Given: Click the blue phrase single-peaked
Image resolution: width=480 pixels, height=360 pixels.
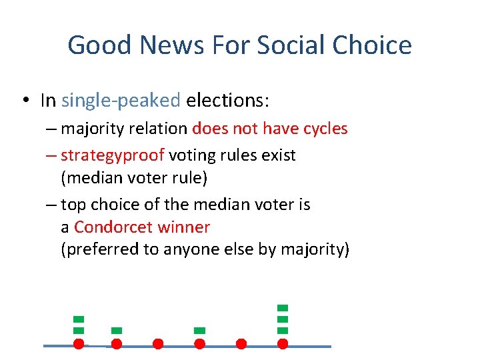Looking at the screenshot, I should (121, 101).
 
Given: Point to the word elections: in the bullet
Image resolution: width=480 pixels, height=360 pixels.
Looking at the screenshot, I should (227, 101).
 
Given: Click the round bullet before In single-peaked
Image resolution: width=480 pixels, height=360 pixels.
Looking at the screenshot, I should (25, 101).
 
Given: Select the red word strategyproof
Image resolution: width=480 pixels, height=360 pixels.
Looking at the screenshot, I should (112, 155).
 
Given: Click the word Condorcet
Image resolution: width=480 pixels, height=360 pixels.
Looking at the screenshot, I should (113, 227).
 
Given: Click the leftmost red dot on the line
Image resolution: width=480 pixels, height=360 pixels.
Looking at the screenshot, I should (78, 344).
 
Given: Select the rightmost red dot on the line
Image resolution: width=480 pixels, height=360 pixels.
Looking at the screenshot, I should (283, 344).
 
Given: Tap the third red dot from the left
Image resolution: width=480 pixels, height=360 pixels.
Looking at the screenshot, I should (158, 344).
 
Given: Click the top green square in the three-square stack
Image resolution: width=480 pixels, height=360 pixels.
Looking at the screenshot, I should (283, 307).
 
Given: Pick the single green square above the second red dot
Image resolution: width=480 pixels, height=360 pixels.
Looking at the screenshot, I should (117, 330).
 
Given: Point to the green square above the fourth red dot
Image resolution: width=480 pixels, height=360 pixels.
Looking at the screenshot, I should (199, 330).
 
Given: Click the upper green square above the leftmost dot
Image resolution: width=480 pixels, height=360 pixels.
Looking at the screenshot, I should (78, 319).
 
